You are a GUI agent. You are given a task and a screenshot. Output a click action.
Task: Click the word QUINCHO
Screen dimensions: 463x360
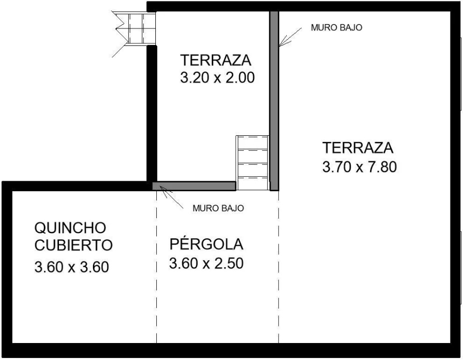click(70, 228)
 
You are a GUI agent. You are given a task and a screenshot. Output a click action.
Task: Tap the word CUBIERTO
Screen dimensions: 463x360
click(73, 245)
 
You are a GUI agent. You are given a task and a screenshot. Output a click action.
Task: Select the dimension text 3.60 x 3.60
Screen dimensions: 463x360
click(72, 267)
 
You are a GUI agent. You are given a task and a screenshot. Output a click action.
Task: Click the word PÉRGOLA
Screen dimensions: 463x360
click(206, 244)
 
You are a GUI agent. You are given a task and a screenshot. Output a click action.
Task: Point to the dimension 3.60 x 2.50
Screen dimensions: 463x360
click(206, 263)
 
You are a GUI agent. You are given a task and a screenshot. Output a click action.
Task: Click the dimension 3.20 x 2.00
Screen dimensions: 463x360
click(217, 78)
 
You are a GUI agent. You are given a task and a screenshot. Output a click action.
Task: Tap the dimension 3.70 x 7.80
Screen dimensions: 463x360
click(359, 167)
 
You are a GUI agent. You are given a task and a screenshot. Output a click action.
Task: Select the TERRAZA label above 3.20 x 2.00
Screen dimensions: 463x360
click(216, 60)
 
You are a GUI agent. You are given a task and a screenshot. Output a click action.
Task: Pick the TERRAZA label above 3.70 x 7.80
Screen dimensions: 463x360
click(358, 147)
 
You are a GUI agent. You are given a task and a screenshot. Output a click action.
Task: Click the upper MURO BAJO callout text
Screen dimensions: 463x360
click(337, 27)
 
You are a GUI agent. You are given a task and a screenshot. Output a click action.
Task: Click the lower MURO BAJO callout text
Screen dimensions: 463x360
click(218, 208)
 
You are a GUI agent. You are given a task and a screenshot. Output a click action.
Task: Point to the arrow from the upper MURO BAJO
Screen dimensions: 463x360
click(290, 37)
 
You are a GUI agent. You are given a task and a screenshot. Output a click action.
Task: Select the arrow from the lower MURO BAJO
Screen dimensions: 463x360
click(171, 198)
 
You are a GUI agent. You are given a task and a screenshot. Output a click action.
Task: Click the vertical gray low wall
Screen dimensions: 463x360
click(274, 101)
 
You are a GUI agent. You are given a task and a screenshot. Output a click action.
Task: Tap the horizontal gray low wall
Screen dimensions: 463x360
click(194, 186)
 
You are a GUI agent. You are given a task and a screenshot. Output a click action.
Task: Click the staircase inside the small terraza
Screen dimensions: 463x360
click(252, 163)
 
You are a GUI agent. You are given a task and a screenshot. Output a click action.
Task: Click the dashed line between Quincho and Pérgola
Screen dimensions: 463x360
click(156, 267)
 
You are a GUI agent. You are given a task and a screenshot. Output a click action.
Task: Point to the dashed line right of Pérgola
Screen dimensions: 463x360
click(279, 267)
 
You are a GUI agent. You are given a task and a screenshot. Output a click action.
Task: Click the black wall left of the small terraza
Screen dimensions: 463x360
click(151, 114)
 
